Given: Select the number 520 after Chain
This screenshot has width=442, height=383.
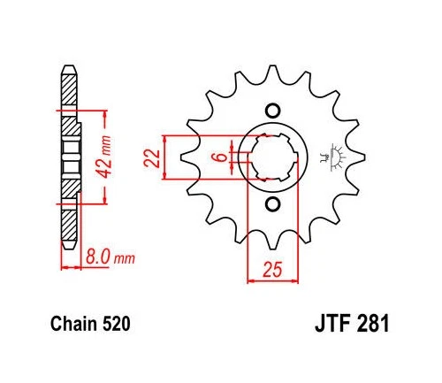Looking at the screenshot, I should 118,325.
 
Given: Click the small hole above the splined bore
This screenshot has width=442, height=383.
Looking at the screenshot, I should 272,111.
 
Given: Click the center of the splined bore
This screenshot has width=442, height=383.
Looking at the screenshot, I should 272,159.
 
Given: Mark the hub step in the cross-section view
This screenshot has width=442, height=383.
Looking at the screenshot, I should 77,152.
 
